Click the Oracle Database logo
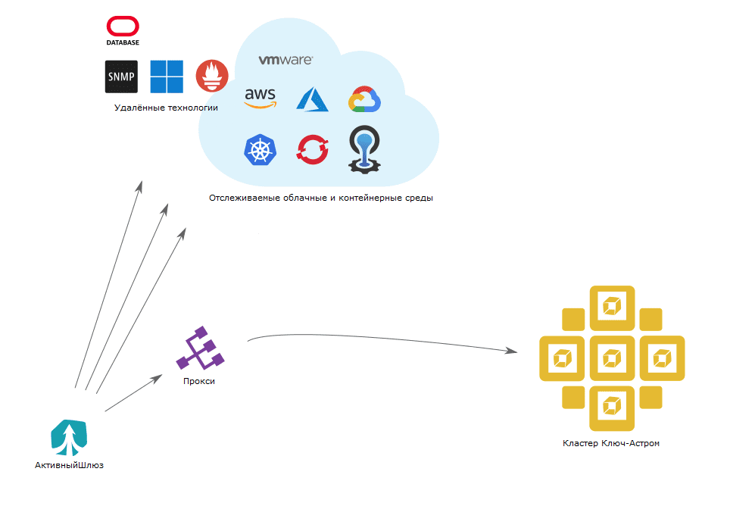coord(122,31)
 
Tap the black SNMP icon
coord(121,77)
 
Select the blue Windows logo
coord(167,77)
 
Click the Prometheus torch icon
coord(212,76)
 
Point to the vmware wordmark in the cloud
coord(285,60)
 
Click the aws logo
coord(261,98)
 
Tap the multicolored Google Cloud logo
coord(364,100)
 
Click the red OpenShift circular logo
coord(313,149)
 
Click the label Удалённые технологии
coord(166,108)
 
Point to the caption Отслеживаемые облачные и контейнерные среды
coord(321,198)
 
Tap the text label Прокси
coord(199,381)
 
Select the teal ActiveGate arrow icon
coord(69,436)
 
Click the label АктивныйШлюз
coord(69,465)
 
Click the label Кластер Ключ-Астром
coord(611,443)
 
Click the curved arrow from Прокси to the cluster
coord(379,337)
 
